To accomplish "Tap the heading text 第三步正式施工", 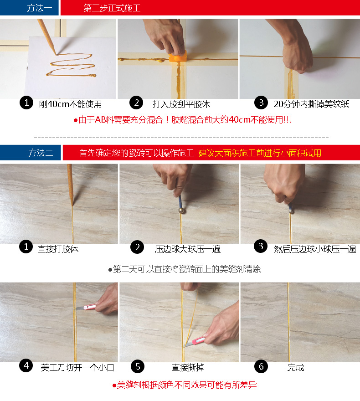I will [x=112, y=8].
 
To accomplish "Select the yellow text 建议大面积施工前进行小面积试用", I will [x=260, y=153].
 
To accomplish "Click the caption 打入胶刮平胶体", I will [x=181, y=104].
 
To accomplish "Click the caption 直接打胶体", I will [x=58, y=249].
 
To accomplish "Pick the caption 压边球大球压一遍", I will [x=187, y=249].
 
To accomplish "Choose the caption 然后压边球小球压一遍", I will [x=314, y=249].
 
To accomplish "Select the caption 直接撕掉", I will [x=187, y=367].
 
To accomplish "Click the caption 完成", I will [x=296, y=367].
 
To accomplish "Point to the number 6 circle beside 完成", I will [x=261, y=365].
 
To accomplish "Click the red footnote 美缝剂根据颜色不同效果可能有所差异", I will [x=185, y=386].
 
